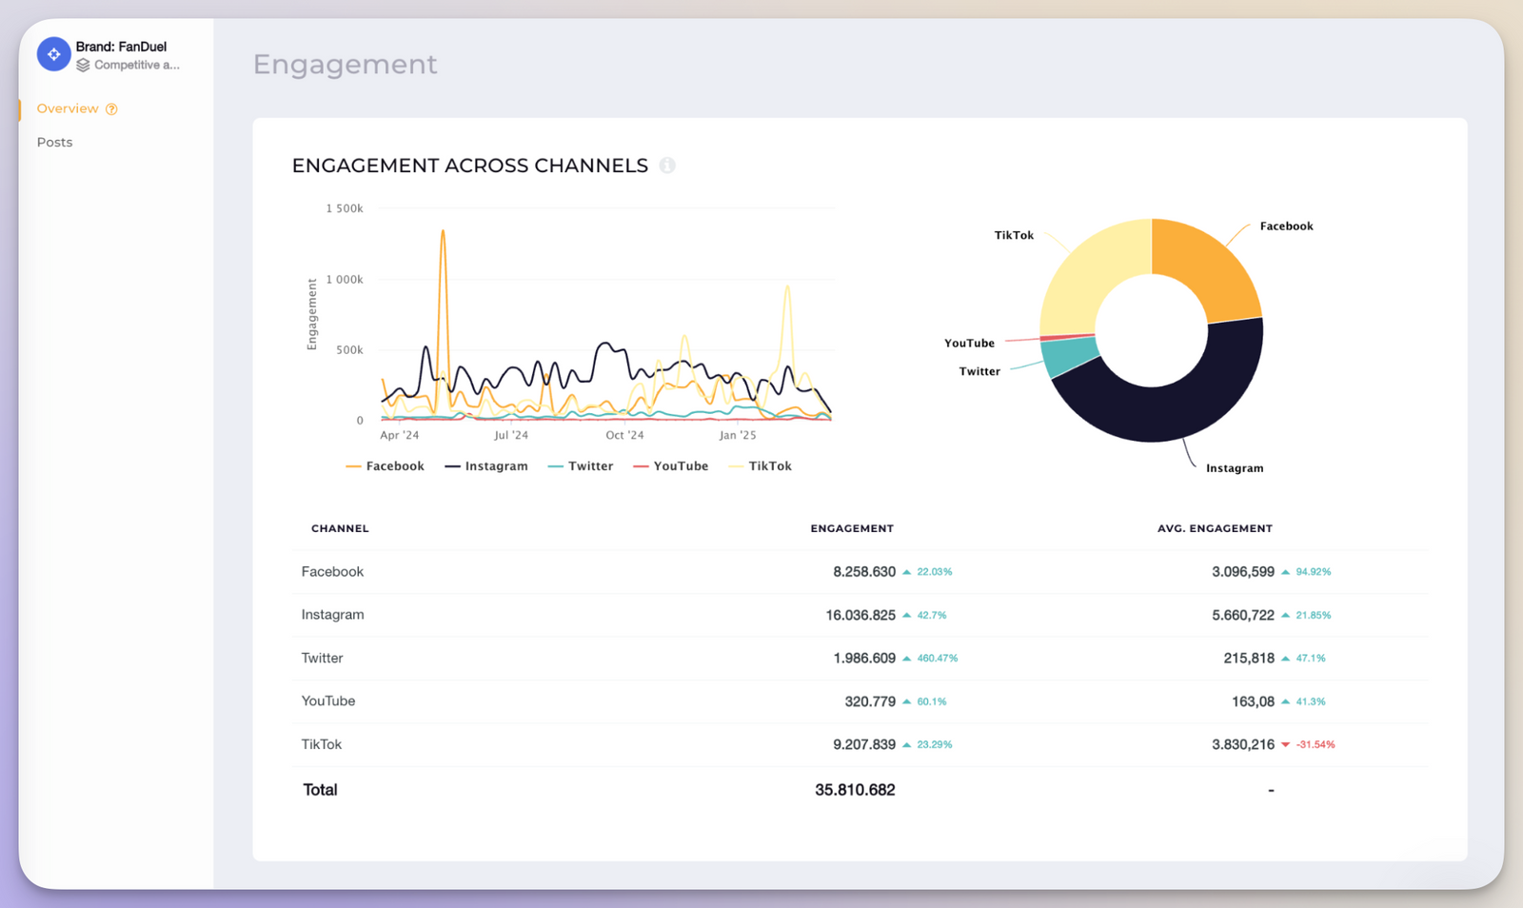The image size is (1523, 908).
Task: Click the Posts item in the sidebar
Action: click(54, 142)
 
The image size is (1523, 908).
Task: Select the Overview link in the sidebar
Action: click(68, 109)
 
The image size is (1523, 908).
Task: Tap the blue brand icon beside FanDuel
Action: click(54, 54)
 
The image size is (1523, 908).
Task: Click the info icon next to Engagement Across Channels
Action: click(667, 166)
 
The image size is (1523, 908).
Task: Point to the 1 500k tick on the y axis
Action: click(345, 208)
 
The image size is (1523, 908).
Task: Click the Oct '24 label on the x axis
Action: click(624, 435)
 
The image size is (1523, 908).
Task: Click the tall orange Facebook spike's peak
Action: click(443, 231)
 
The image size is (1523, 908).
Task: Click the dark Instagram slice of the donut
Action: click(1171, 409)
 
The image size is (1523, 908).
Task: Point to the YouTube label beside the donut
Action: click(969, 344)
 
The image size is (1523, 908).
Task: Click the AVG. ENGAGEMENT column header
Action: click(1215, 528)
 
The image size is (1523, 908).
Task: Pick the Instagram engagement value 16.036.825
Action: click(860, 615)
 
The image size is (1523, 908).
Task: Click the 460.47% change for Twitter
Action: click(937, 659)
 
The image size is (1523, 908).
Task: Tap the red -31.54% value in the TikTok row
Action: click(1315, 744)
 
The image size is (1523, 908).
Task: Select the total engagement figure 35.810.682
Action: click(855, 790)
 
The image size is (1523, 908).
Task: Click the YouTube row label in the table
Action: click(328, 701)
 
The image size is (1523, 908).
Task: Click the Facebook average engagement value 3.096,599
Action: click(1242, 572)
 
